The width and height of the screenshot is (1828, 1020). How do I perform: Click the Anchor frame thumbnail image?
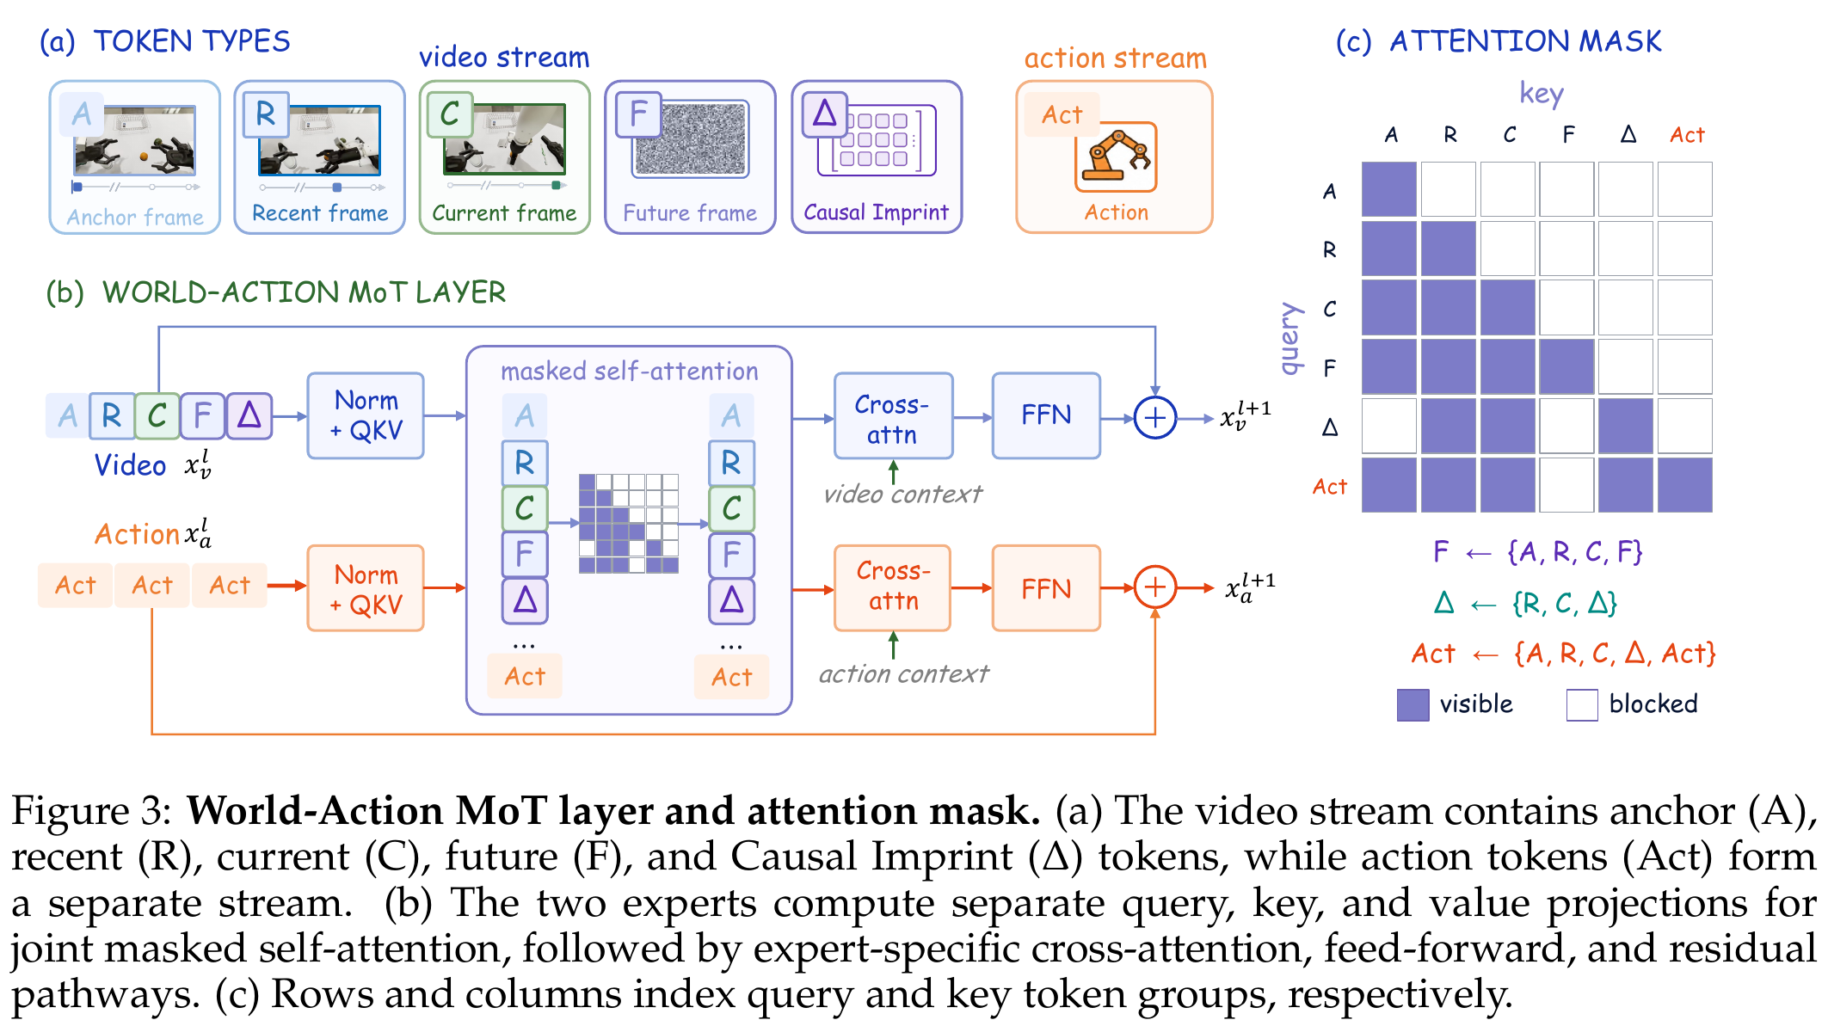pyautogui.click(x=135, y=139)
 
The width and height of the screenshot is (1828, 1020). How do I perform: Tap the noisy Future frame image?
pyautogui.click(x=691, y=138)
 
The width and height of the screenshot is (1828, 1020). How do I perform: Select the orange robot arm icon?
pyautogui.click(x=1116, y=157)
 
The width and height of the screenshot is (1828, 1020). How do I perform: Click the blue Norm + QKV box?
pyautogui.click(x=366, y=415)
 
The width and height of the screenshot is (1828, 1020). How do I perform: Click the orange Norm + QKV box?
pyautogui.click(x=366, y=588)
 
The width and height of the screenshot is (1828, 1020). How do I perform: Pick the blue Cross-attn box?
pyautogui.click(x=893, y=416)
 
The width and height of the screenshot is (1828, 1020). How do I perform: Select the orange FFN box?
pyautogui.click(x=1046, y=588)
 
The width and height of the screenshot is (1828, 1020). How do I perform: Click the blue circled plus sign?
pyautogui.click(x=1154, y=418)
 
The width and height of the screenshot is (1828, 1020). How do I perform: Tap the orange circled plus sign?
pyautogui.click(x=1154, y=587)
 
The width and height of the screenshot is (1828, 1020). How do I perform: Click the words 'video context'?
pyautogui.click(x=902, y=494)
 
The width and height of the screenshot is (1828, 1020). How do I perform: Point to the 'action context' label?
pyautogui.click(x=903, y=673)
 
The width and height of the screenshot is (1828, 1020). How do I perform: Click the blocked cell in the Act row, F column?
pyautogui.click(x=1566, y=485)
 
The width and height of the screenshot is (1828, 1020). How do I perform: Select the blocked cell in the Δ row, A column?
pyautogui.click(x=1389, y=426)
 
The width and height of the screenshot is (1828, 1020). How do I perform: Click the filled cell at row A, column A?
pyautogui.click(x=1389, y=189)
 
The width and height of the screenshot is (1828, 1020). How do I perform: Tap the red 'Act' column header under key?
pyautogui.click(x=1687, y=135)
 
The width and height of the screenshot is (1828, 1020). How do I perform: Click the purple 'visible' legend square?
pyautogui.click(x=1413, y=704)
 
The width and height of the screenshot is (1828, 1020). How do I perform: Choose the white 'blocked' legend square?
pyautogui.click(x=1582, y=704)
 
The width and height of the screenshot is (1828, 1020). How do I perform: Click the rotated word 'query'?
pyautogui.click(x=1290, y=338)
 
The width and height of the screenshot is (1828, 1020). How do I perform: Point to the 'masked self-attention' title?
pyautogui.click(x=630, y=372)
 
